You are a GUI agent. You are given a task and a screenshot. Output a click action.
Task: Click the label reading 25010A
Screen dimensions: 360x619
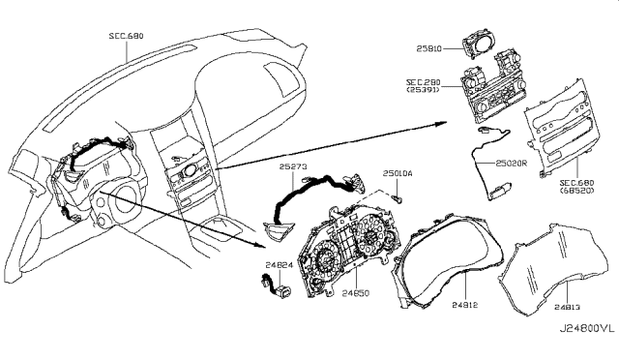pos(397,173)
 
